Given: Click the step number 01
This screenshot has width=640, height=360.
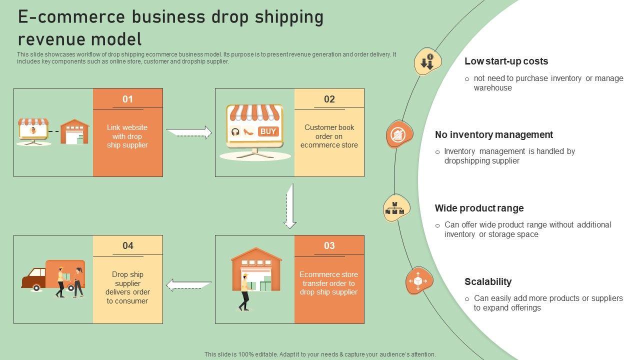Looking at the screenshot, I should point(128,99).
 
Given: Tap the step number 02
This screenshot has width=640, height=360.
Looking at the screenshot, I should point(329,99).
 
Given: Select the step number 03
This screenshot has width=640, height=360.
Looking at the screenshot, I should point(329,245).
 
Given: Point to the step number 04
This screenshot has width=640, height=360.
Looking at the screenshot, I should point(128,245).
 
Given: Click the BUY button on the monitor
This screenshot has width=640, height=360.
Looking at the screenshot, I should point(268,131).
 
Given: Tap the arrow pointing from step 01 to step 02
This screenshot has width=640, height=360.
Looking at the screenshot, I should point(189,132).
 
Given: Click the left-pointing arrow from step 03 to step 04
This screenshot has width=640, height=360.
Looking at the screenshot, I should point(188,285).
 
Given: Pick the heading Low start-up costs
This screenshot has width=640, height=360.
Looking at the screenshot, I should point(506,61).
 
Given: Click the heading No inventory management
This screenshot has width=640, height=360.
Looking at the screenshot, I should point(493,134).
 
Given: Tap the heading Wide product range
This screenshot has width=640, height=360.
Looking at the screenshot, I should point(479,208).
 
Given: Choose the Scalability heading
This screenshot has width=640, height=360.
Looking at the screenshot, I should point(487,281).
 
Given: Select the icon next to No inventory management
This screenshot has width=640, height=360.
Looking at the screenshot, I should point(399,134).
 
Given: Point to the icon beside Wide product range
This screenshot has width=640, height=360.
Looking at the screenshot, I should point(396,208).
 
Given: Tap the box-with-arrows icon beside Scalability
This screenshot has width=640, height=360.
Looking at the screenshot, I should point(418,280).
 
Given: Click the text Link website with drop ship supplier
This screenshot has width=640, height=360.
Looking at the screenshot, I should point(127,136).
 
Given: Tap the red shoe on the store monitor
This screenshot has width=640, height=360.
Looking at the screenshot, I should point(248,132).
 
